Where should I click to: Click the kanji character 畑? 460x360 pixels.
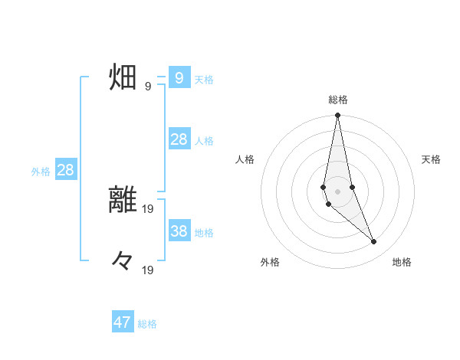123,78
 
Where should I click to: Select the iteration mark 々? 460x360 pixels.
123,262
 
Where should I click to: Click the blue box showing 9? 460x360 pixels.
179,78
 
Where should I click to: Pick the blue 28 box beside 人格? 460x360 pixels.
179,139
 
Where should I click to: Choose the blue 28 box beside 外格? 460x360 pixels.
65,170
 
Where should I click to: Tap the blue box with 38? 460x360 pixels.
179,231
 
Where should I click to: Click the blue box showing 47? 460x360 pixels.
123,322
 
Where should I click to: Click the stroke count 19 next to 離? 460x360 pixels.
148,208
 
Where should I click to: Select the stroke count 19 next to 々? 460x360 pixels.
148,270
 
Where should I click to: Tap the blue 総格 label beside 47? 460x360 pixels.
147,324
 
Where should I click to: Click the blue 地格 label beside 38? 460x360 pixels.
204,233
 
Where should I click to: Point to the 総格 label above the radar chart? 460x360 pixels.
337,100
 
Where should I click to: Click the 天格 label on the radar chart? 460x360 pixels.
431,159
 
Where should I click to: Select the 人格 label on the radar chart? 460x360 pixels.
245,159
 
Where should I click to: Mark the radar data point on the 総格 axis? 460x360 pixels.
337,116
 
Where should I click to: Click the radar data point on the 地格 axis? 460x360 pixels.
374,242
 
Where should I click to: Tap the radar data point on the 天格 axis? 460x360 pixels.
352,187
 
